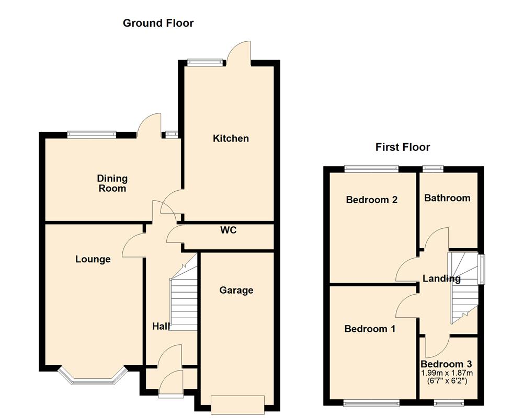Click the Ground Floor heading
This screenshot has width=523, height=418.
click(158, 23)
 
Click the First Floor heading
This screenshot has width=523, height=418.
click(403, 147)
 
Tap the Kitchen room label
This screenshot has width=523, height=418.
click(231, 138)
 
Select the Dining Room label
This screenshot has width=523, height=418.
click(112, 183)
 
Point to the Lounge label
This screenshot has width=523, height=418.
click(93, 259)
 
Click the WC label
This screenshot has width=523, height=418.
click(229, 230)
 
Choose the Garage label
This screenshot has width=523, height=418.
click(236, 291)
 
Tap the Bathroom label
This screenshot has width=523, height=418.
click(447, 198)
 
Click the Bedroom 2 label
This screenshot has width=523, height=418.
click(372, 200)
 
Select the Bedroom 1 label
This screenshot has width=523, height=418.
click(370, 329)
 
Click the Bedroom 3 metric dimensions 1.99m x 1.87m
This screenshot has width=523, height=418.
click(447, 373)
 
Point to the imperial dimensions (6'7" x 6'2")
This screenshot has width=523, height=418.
click(447, 381)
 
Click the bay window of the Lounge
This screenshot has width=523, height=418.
click(93, 378)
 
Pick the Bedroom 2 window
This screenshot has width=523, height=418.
click(371, 168)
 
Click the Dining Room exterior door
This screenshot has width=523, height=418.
click(149, 125)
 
